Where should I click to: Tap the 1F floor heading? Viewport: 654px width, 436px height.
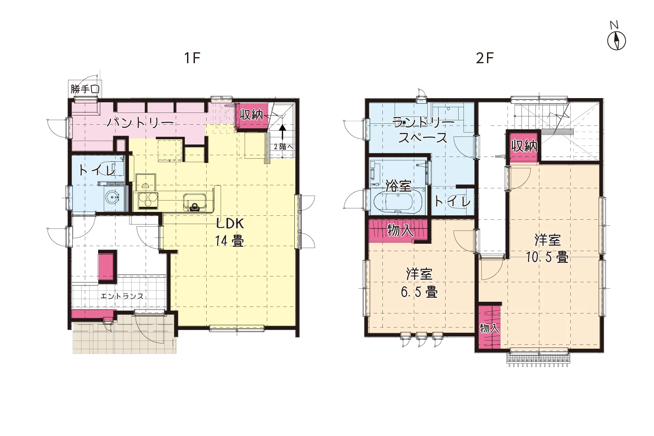192,58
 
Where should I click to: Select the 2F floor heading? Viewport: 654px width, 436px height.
485,58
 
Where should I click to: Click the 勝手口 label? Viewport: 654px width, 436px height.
85,89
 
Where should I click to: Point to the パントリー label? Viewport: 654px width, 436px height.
140,123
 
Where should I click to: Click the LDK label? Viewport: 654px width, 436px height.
230,224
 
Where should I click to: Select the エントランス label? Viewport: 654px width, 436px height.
122,296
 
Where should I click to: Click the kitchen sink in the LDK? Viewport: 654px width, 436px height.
195,202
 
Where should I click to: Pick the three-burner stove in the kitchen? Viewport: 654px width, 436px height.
146,201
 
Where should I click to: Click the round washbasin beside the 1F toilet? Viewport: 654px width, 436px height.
112,198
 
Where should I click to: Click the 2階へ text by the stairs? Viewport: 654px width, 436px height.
283,146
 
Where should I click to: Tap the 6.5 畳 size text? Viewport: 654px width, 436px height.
419,292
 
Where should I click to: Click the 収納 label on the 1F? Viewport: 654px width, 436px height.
251,115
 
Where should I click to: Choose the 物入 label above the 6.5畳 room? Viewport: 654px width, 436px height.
400,230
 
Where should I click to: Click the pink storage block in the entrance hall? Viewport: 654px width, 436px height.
107,266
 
